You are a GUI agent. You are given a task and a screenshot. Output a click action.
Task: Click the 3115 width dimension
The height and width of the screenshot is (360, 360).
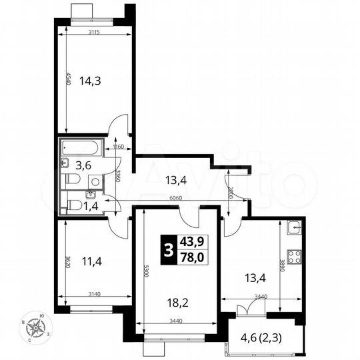click(97, 33)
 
